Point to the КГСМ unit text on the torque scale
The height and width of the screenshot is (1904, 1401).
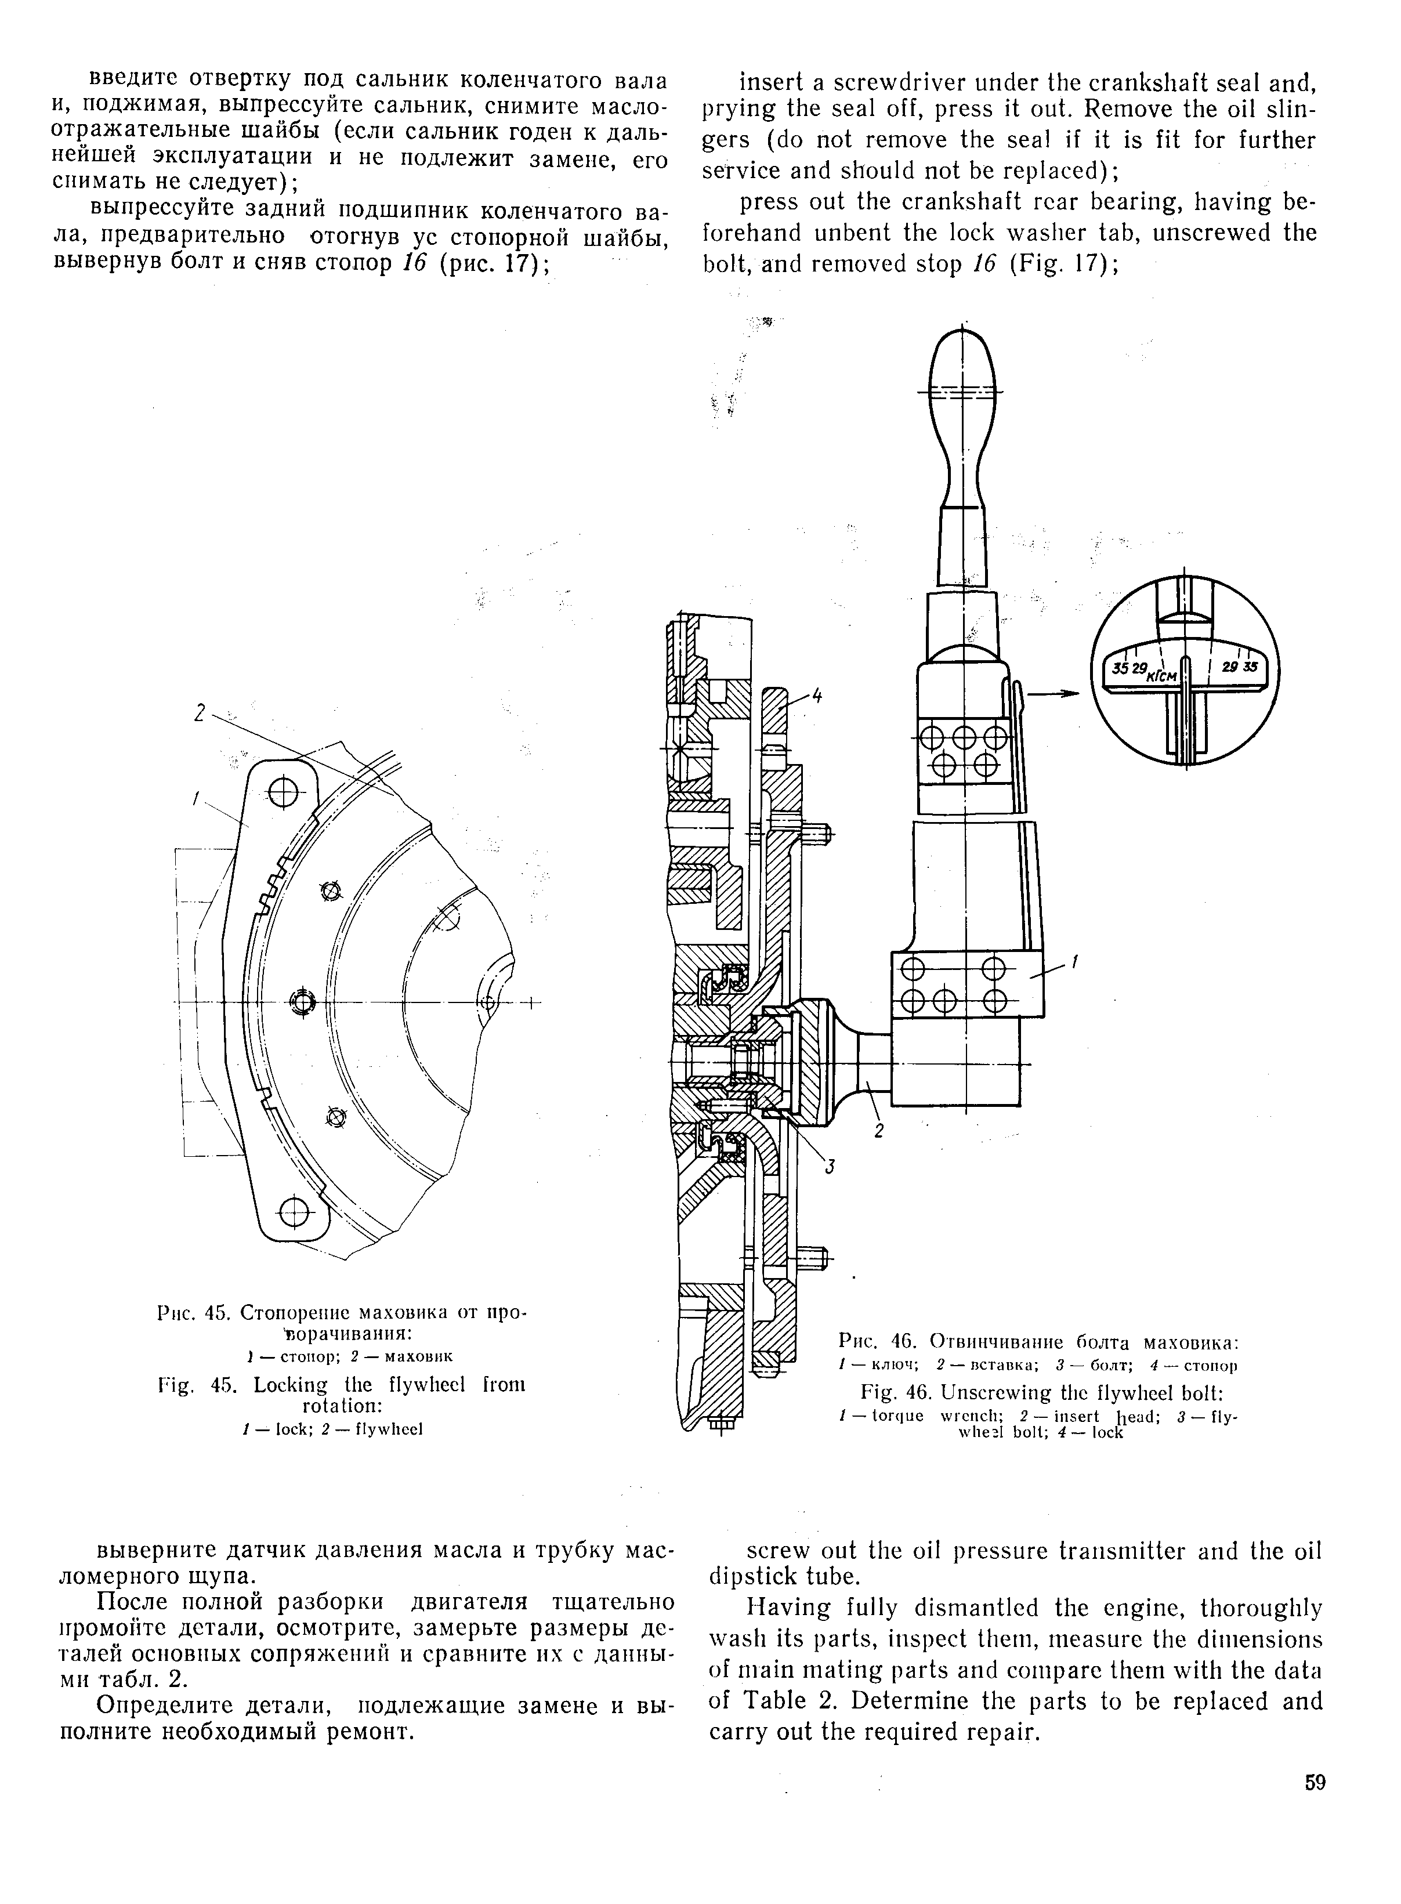click(1160, 676)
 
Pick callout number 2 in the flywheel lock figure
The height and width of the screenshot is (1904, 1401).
click(200, 714)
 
